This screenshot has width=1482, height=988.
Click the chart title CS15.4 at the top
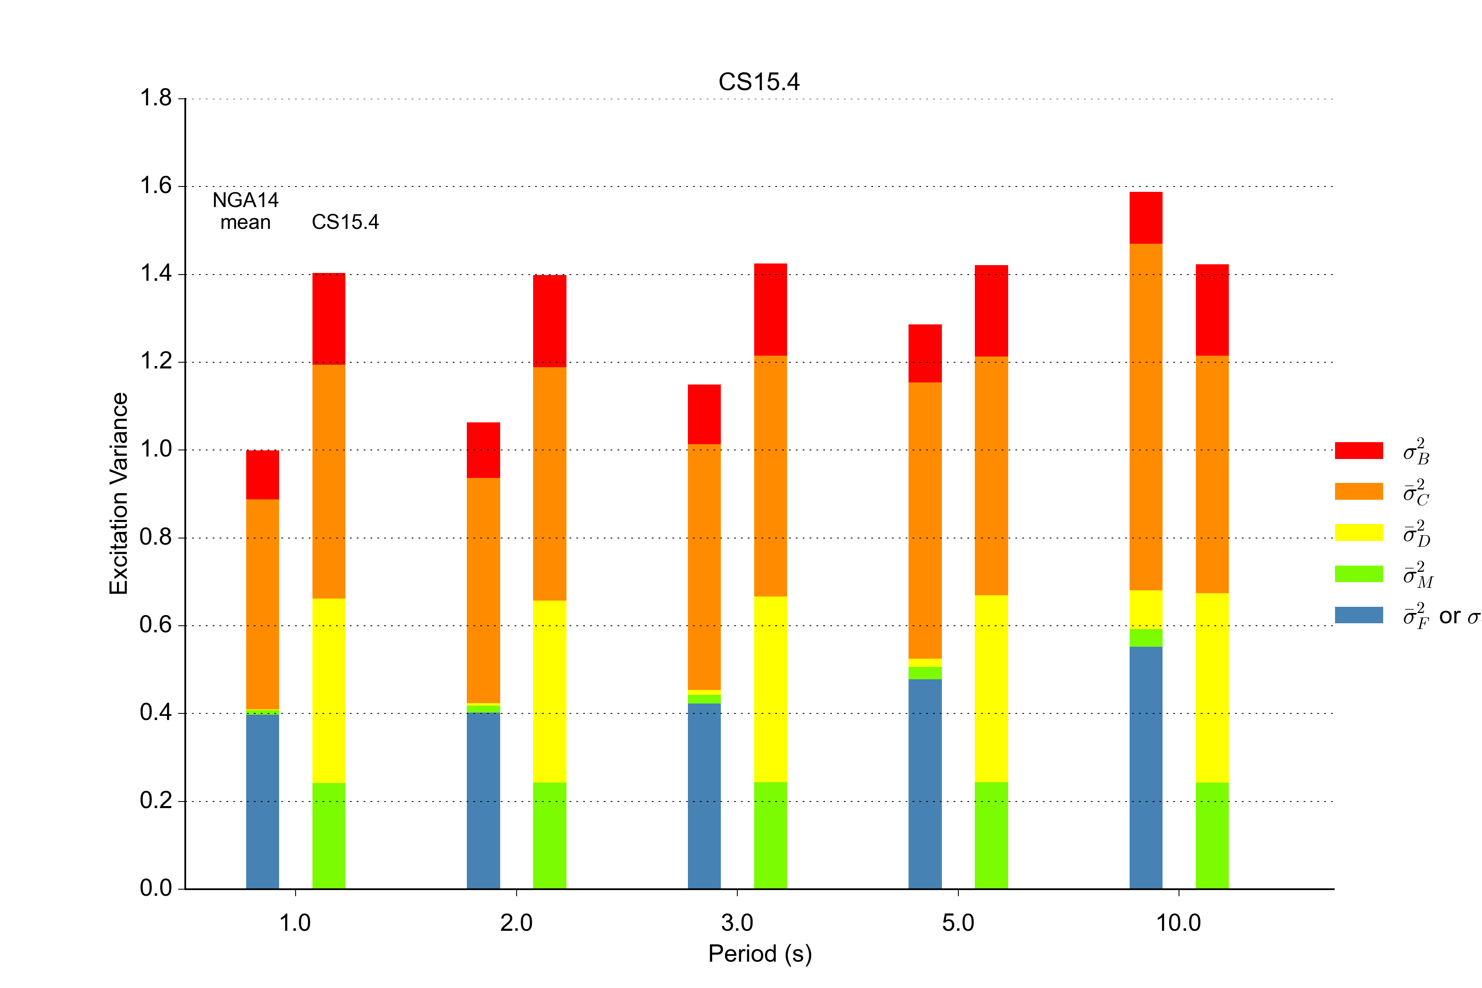(759, 82)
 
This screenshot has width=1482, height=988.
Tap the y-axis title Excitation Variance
(119, 493)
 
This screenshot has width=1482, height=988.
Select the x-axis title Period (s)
(760, 953)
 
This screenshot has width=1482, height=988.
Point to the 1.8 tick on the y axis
(156, 98)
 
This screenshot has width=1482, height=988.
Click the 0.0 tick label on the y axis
(156, 888)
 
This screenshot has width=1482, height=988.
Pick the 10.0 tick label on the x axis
(1178, 923)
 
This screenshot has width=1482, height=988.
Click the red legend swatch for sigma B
(1358, 450)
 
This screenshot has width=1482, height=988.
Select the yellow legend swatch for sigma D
(1358, 532)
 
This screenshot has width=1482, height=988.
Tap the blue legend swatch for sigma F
(1358, 615)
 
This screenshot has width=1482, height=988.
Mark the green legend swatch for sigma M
(1358, 573)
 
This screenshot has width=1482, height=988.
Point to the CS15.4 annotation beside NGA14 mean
(345, 222)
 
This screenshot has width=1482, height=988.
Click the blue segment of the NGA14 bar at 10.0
(1146, 767)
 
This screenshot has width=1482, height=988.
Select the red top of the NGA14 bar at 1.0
(263, 475)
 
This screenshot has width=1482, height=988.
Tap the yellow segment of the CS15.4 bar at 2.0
(550, 691)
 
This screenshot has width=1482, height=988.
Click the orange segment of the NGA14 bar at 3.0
(704, 567)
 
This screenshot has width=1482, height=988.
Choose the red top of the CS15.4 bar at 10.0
(1212, 310)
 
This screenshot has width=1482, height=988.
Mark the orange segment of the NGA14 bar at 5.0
(925, 520)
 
